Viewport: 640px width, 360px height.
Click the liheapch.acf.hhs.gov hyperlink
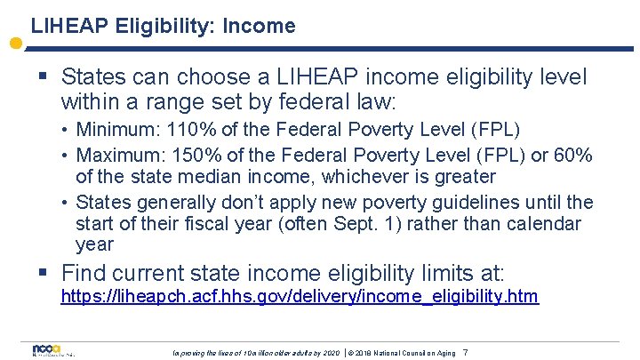coord(299,296)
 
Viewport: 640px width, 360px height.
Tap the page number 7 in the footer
coord(465,353)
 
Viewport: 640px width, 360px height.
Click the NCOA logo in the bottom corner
coord(44,350)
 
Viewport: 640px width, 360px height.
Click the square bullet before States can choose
coord(42,78)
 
